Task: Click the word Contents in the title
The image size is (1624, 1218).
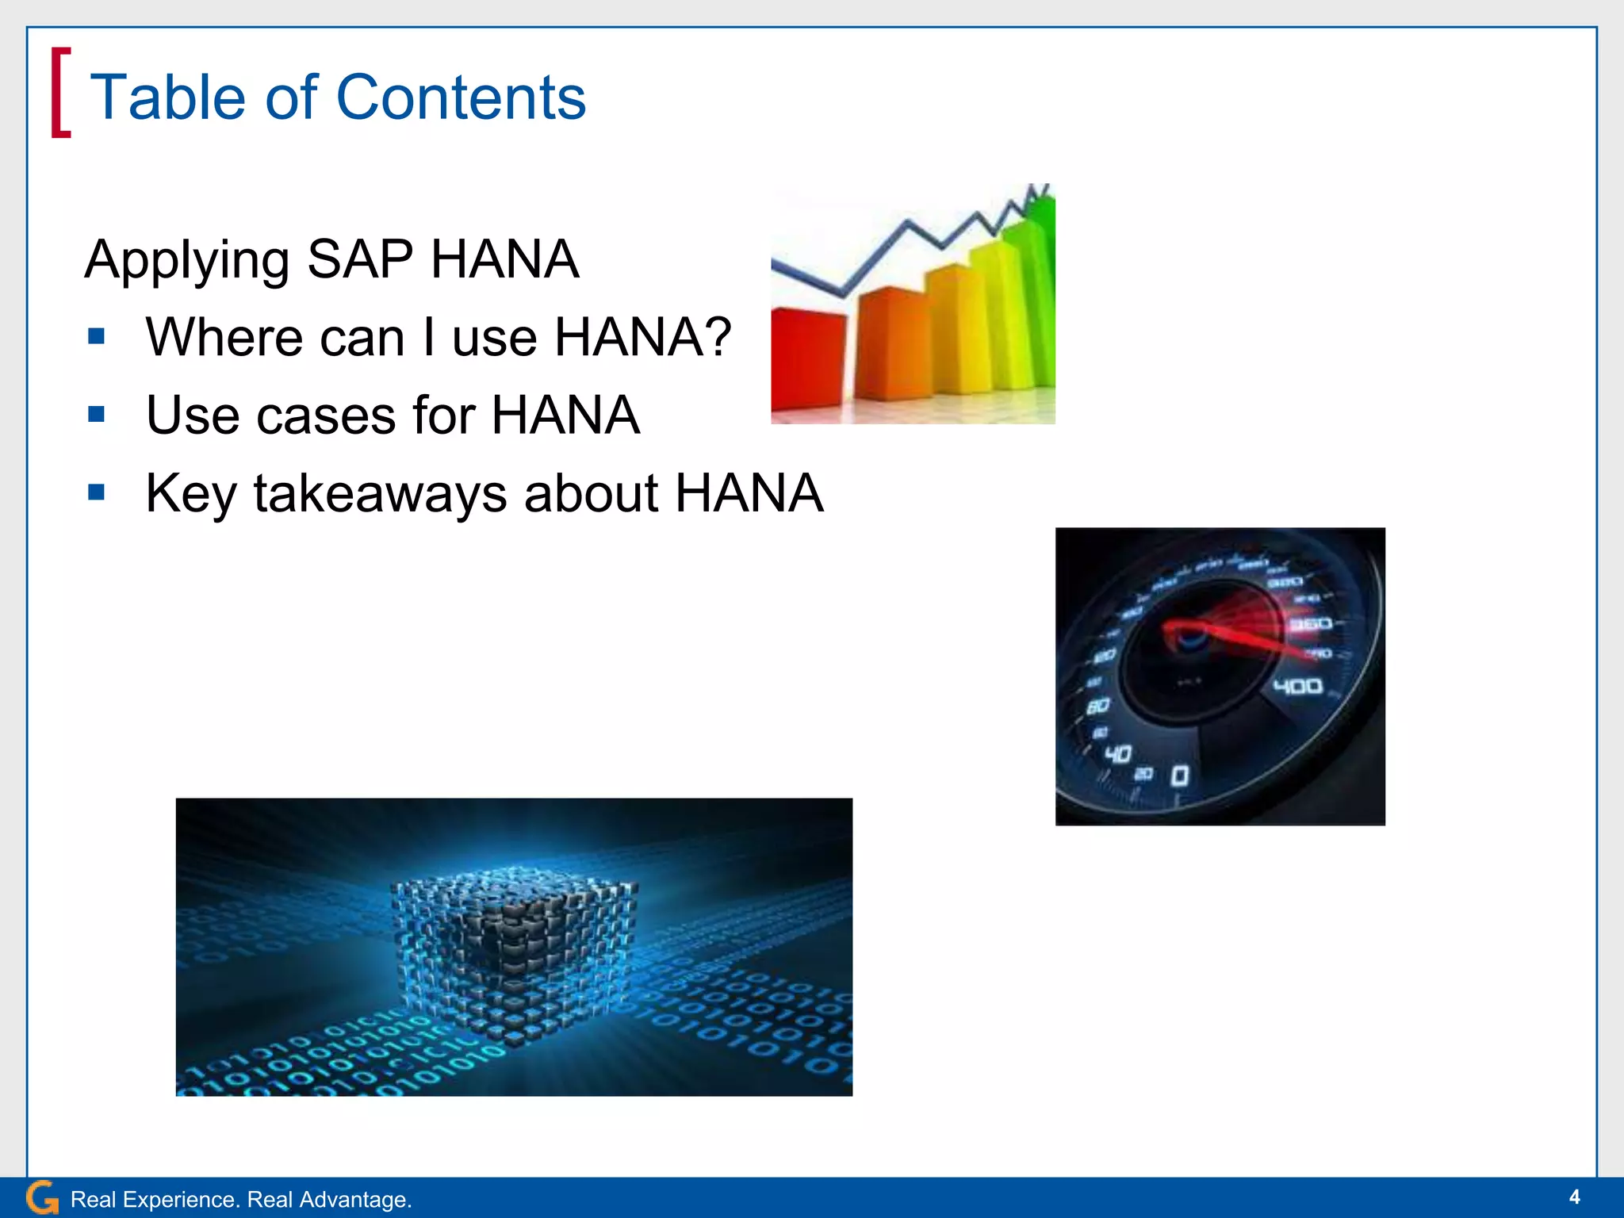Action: pyautogui.click(x=461, y=98)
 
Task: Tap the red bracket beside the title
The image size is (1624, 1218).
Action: pyautogui.click(x=60, y=92)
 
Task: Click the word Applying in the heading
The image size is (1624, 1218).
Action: pyautogui.click(x=187, y=260)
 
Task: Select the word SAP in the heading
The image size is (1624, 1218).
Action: pyautogui.click(x=359, y=259)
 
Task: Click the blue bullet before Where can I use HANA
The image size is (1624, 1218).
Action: pyautogui.click(x=97, y=337)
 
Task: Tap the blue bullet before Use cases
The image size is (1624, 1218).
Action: pyautogui.click(x=97, y=415)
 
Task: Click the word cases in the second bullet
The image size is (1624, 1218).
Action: pyautogui.click(x=326, y=416)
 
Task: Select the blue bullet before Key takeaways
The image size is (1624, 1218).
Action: pyautogui.click(x=97, y=492)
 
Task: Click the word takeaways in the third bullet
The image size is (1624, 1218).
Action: pyautogui.click(x=380, y=493)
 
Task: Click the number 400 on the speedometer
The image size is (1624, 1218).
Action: pyautogui.click(x=1297, y=686)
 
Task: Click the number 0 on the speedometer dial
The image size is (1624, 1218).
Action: pyautogui.click(x=1180, y=775)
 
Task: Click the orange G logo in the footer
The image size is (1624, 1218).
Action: pyautogui.click(x=41, y=1197)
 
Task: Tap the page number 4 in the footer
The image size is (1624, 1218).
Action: pyautogui.click(x=1575, y=1197)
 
